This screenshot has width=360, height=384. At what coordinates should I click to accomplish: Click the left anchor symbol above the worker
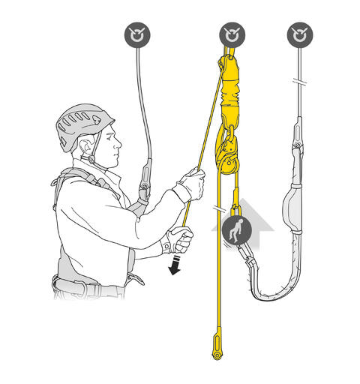tap(137, 34)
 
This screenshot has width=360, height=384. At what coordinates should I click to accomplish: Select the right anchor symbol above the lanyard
tap(299, 34)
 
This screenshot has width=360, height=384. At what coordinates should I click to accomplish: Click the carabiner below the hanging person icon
tap(245, 262)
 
